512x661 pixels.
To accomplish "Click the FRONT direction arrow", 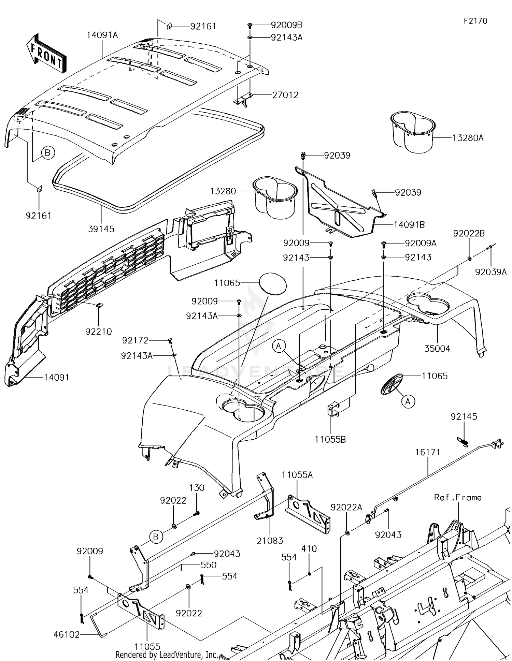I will tap(46, 54).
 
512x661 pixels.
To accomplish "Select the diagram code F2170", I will tap(475, 21).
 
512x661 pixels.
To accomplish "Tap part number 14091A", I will tap(102, 35).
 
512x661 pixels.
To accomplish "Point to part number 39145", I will tap(101, 229).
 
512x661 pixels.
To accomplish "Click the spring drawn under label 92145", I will tap(463, 441).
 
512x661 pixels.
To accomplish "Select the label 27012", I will tap(285, 95).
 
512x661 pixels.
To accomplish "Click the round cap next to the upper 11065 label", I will tap(273, 283).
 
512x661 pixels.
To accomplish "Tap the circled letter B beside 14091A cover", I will tap(48, 153).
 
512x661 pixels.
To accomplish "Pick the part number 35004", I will tap(437, 349).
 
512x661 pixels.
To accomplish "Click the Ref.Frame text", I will tap(458, 498).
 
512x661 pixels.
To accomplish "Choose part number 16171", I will tap(428, 452).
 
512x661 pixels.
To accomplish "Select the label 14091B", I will tap(409, 225).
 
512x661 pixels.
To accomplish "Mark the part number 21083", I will tap(270, 541).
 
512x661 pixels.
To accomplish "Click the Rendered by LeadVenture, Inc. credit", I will tap(167, 655).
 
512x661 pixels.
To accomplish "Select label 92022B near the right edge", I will tap(469, 234).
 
